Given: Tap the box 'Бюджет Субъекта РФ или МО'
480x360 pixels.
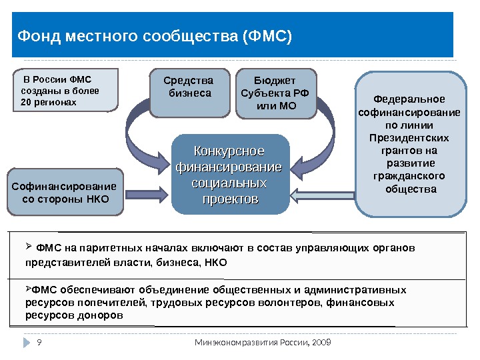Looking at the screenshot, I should coord(276,93).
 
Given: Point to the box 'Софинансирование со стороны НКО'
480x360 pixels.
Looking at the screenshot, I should coord(65,193).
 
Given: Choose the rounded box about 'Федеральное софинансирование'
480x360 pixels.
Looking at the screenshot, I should coord(409,143).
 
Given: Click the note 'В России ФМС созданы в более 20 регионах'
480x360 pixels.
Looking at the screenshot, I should coord(64,89).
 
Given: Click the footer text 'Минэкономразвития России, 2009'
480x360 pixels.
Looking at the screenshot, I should coord(263,343).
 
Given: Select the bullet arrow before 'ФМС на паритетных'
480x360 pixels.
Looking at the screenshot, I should coord(28,247).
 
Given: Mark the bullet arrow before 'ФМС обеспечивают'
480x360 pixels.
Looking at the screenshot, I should coord(28,289).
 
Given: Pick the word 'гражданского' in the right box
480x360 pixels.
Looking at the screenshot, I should coord(409,176).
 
